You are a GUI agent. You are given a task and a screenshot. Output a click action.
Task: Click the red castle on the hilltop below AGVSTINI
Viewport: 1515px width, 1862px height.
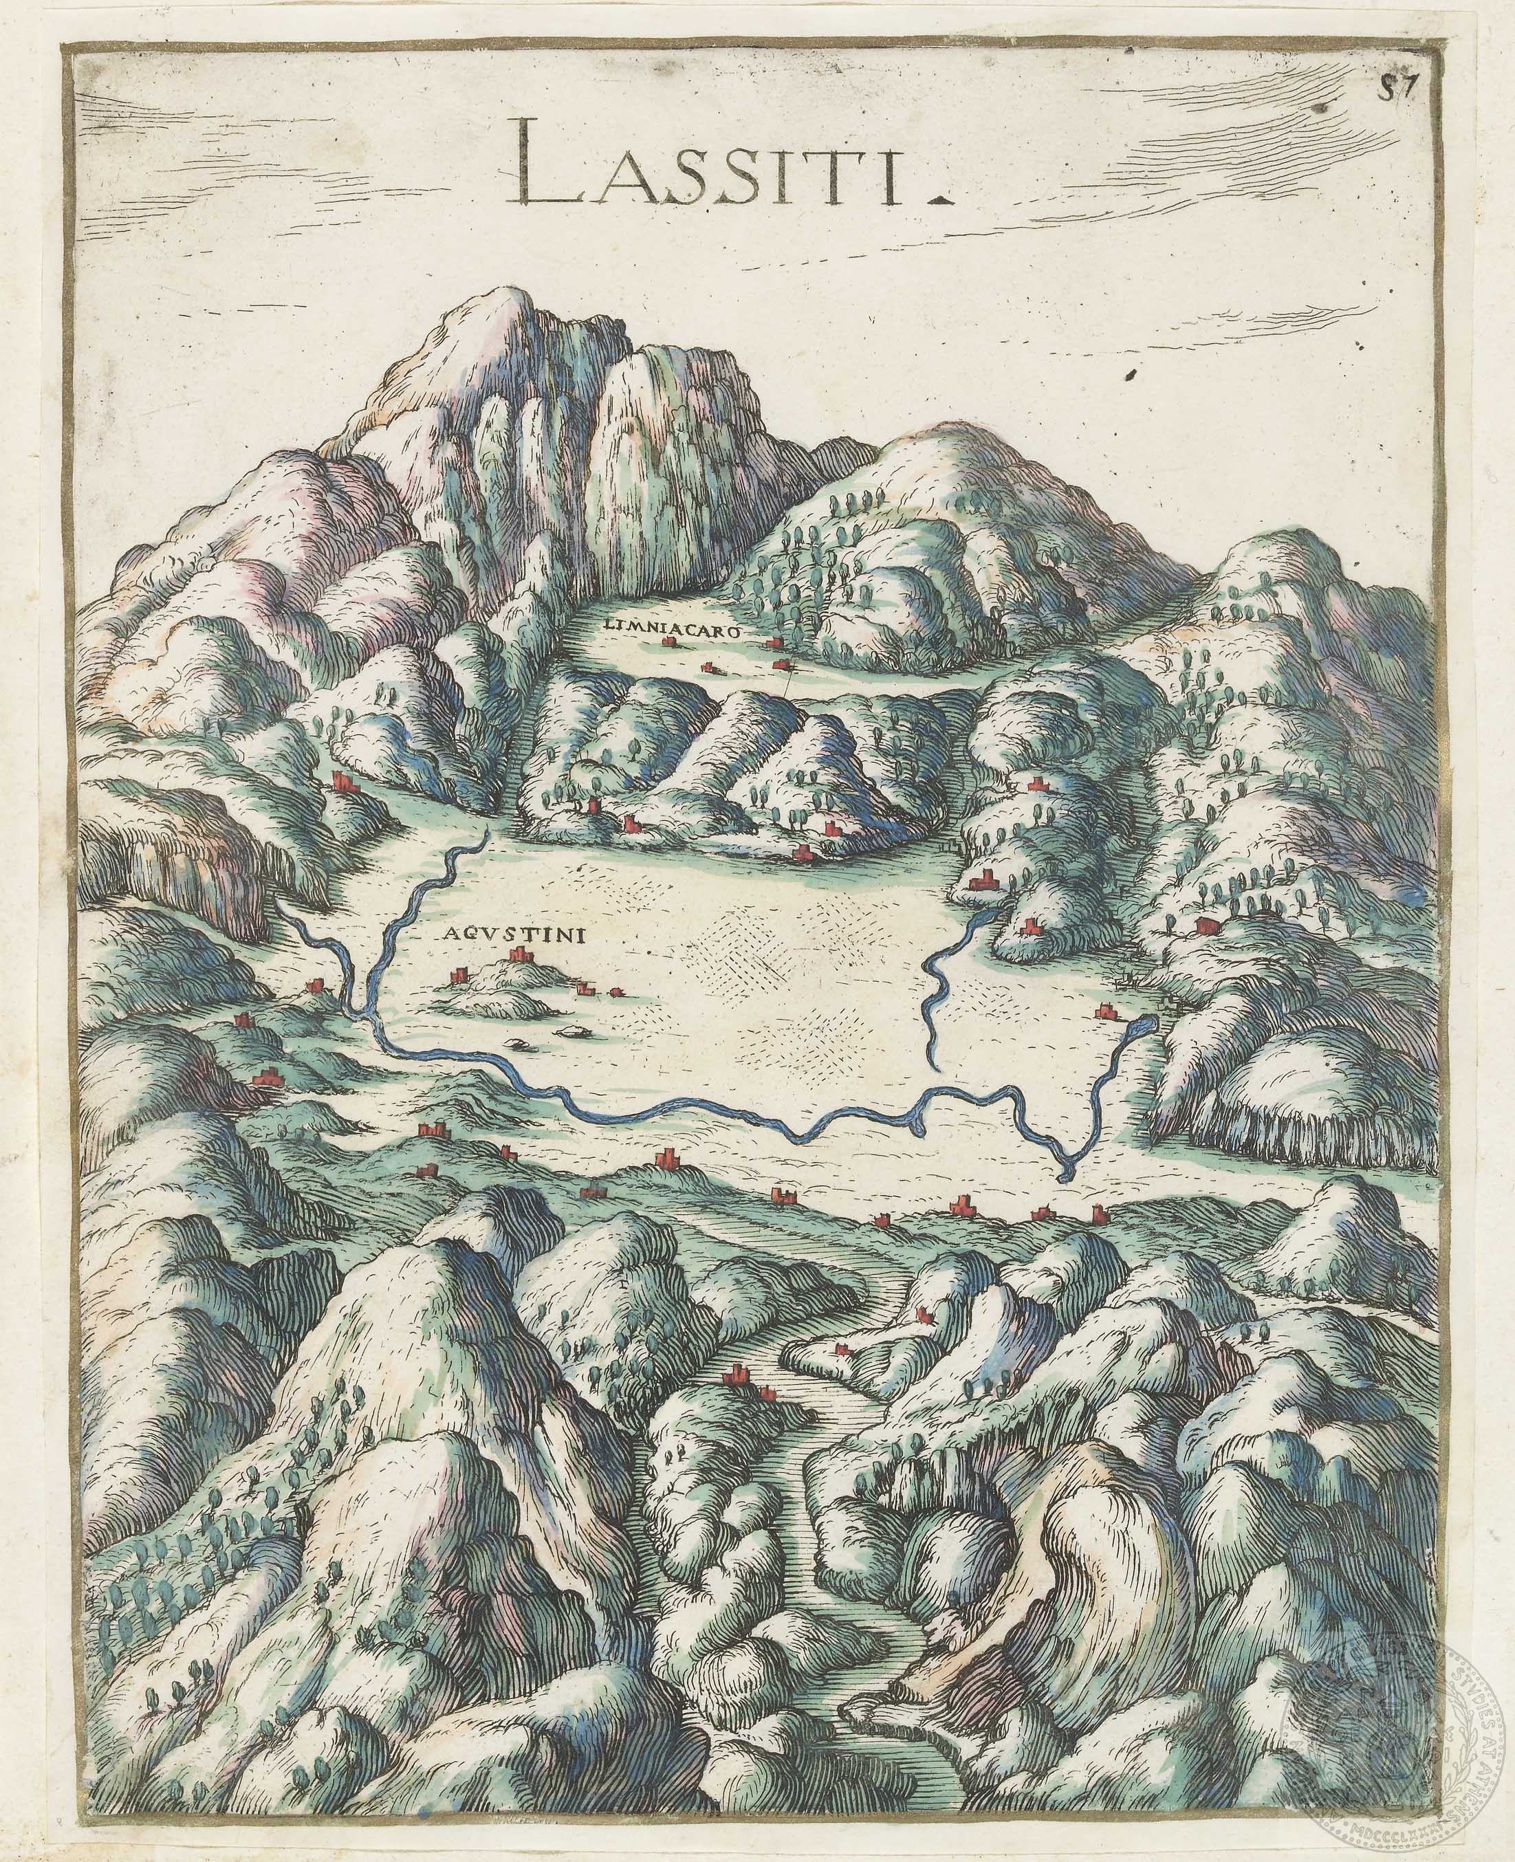(x=521, y=956)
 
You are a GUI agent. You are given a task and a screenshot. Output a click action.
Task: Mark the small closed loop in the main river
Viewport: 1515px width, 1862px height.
(x=1067, y=1169)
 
